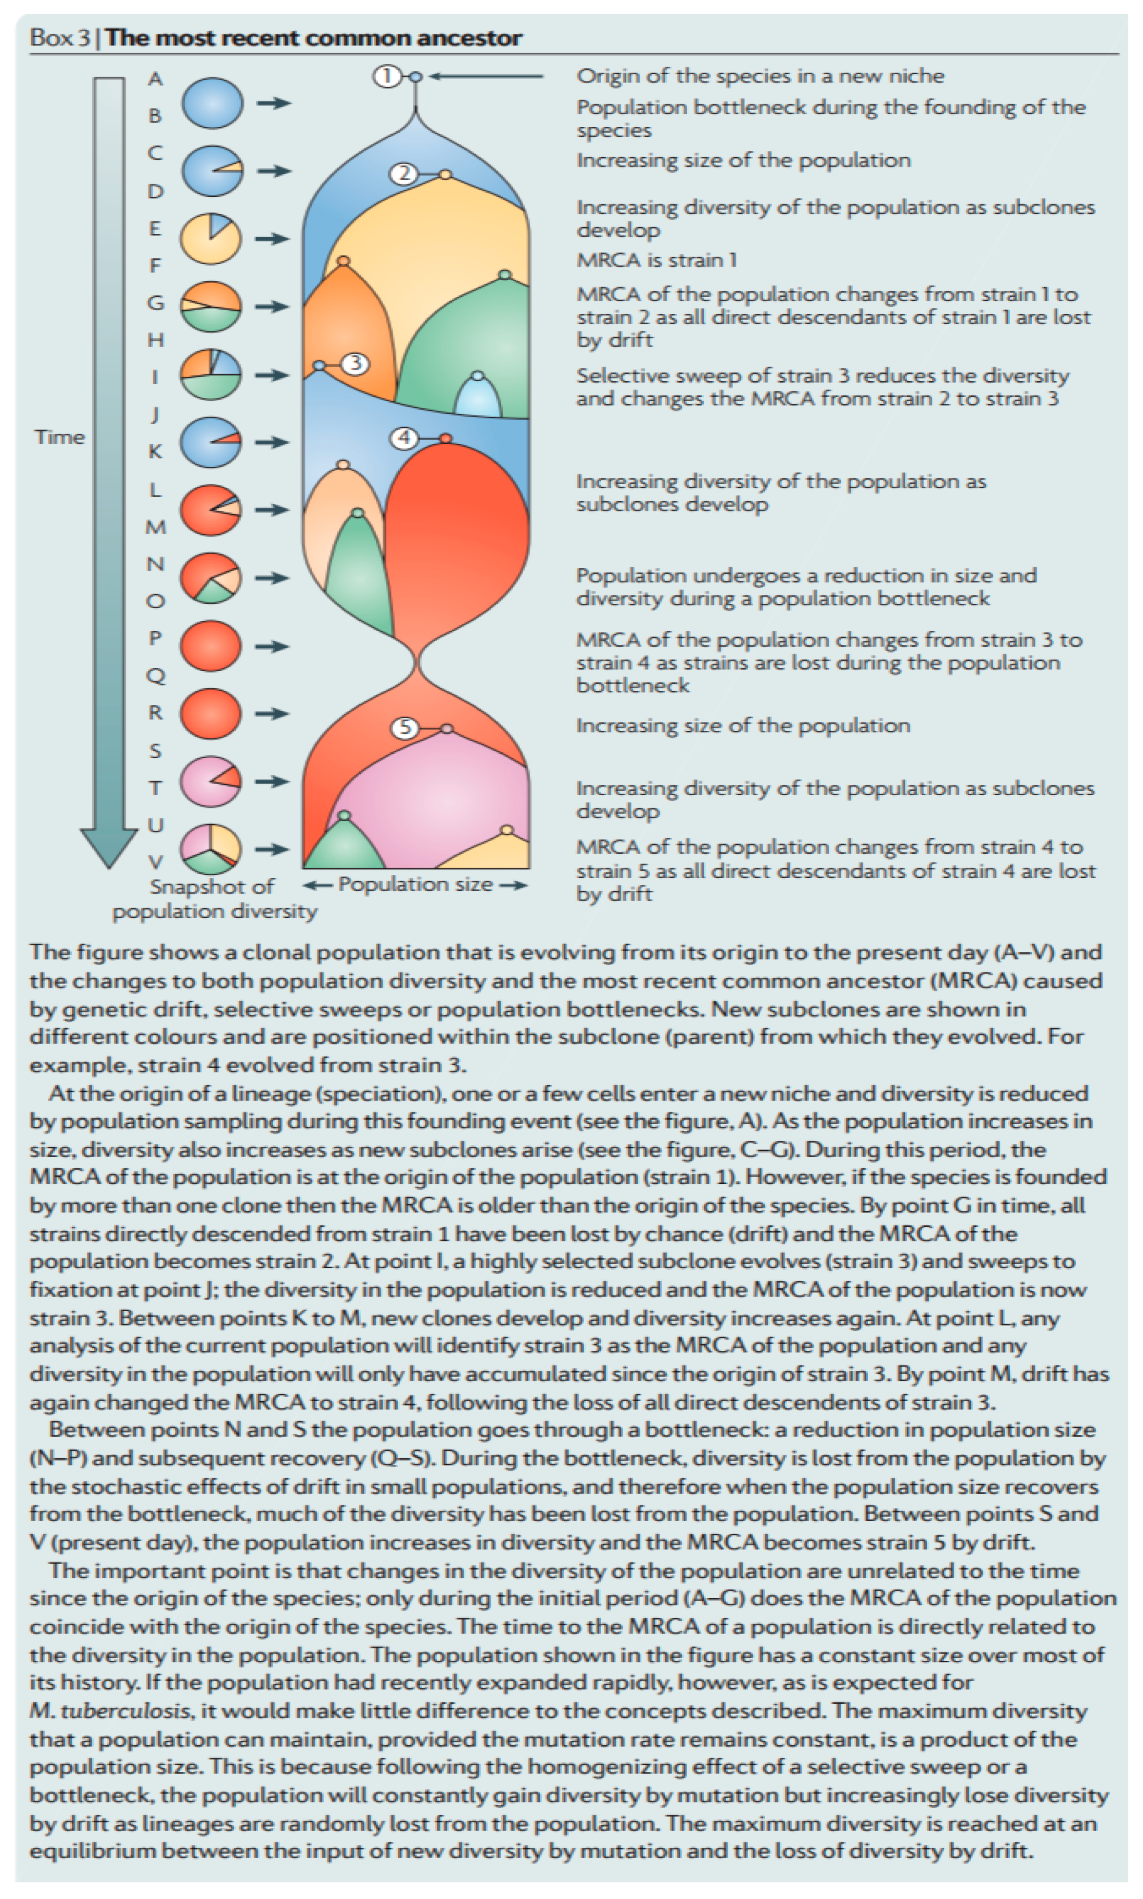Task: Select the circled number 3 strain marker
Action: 354,364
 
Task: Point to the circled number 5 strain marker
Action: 405,728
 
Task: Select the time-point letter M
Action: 156,527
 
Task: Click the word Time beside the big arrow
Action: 60,437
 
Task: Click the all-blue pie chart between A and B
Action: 212,103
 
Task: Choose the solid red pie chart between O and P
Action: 210,645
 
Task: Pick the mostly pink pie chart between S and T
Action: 210,781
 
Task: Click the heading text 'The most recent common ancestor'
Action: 313,38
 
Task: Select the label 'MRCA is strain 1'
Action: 656,260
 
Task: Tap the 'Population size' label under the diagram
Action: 415,885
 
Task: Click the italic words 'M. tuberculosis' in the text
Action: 109,1711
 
